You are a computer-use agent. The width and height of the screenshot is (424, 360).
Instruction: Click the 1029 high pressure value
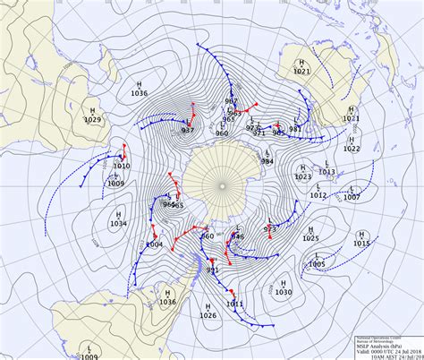click(93, 119)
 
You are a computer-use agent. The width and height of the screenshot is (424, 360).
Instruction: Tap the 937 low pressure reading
click(188, 131)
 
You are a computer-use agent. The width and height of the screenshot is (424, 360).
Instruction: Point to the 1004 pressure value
click(154, 244)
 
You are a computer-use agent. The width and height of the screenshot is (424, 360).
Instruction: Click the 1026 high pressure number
click(208, 315)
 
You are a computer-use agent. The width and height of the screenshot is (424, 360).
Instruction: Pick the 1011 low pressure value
click(234, 304)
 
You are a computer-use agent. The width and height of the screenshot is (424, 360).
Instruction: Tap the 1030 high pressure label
click(284, 293)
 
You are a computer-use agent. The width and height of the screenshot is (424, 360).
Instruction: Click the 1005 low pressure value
click(317, 264)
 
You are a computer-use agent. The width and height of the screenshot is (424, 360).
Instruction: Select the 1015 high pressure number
click(361, 244)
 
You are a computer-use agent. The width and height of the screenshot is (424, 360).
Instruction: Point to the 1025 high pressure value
click(310, 238)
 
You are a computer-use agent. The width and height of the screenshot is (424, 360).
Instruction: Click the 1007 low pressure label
click(352, 197)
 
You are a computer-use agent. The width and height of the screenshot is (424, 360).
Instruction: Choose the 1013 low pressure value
click(327, 172)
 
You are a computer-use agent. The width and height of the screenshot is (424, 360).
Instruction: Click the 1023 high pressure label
click(303, 177)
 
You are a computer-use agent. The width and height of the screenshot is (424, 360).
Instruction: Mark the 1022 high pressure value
click(352, 149)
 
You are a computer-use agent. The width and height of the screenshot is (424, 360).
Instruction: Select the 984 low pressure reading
click(267, 161)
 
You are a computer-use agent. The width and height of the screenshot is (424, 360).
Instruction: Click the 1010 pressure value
click(122, 167)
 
